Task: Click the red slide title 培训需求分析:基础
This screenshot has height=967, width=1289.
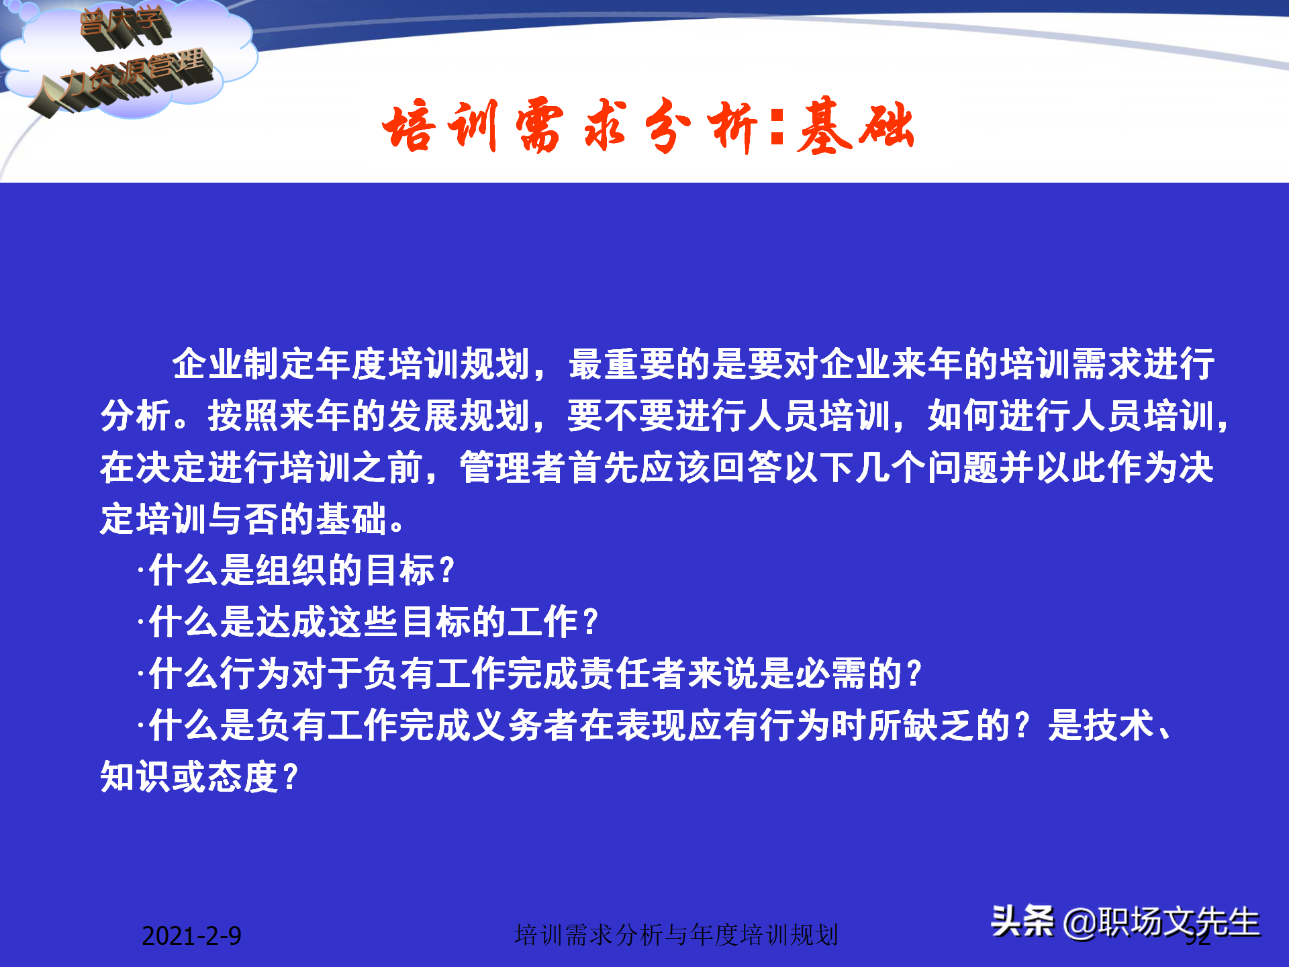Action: tap(648, 126)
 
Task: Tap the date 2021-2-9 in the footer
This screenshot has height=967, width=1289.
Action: tap(191, 935)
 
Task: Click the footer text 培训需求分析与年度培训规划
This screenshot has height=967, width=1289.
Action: tap(676, 935)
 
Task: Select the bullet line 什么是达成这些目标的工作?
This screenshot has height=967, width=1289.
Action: tap(373, 622)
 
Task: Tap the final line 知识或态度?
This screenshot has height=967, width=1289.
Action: tap(199, 777)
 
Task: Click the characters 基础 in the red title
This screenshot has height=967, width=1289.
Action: tap(856, 126)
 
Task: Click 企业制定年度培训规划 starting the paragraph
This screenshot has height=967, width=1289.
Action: tap(351, 364)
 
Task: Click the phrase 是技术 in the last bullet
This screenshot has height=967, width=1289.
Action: tap(1101, 725)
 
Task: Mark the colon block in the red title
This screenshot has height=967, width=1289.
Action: tap(777, 128)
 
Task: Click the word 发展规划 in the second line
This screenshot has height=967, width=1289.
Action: tap(460, 416)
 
